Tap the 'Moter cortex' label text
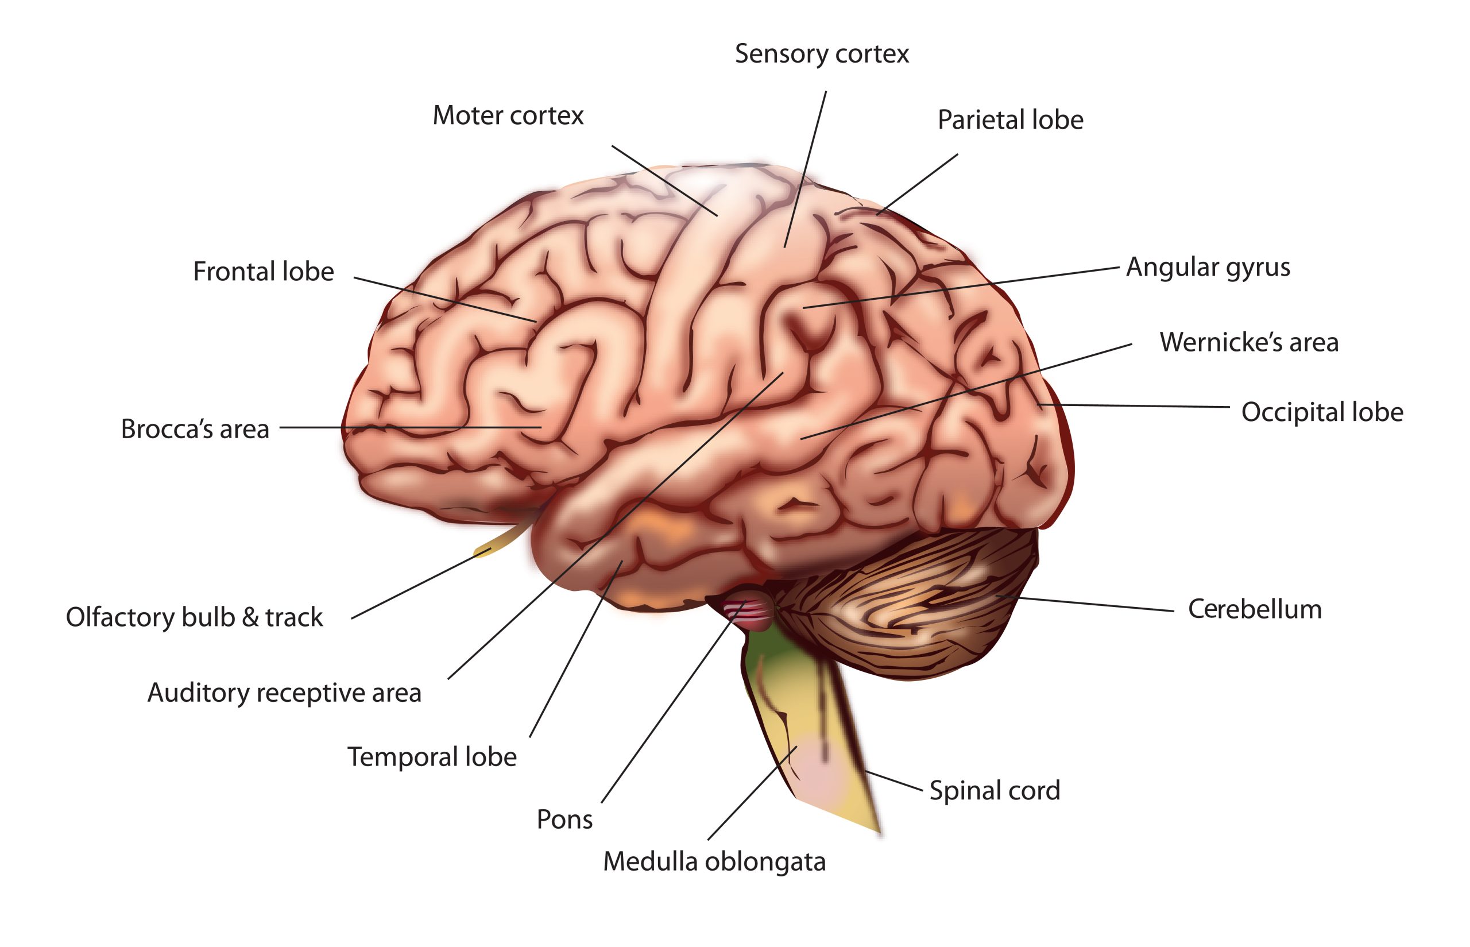click(508, 115)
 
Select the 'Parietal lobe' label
click(1010, 120)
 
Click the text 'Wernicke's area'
click(1249, 342)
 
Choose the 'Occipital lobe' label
click(1322, 412)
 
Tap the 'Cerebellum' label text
click(1255, 609)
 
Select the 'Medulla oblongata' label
click(714, 862)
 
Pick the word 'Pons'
click(564, 820)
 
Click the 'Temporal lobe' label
click(432, 757)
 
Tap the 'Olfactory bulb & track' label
click(194, 617)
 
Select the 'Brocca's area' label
click(195, 429)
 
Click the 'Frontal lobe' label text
click(263, 272)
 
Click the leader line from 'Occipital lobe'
click(1135, 406)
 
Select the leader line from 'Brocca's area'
click(411, 427)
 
